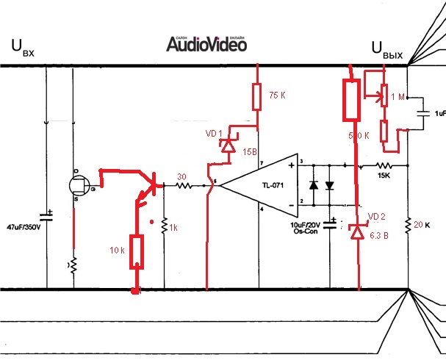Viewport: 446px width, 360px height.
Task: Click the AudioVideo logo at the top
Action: click(x=206, y=44)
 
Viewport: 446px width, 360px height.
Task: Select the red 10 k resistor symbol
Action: click(x=136, y=252)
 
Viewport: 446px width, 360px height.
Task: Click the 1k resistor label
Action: click(x=173, y=228)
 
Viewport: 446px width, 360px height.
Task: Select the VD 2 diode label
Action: click(x=376, y=216)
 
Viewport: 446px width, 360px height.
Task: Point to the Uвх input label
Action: click(x=23, y=51)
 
